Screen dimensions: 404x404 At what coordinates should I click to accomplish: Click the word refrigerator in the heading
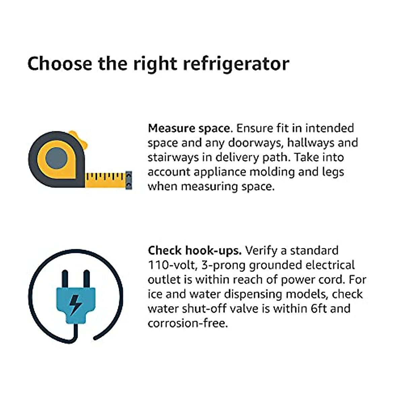point(236,64)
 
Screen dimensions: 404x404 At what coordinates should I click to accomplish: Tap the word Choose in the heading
point(60,64)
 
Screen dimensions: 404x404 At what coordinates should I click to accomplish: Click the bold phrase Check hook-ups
point(195,250)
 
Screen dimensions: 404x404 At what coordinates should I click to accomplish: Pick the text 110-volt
point(172,265)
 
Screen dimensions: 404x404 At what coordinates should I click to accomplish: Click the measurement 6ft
point(318,308)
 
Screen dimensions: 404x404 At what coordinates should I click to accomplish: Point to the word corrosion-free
point(187,323)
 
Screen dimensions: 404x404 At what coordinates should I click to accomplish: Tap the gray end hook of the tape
point(129,180)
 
